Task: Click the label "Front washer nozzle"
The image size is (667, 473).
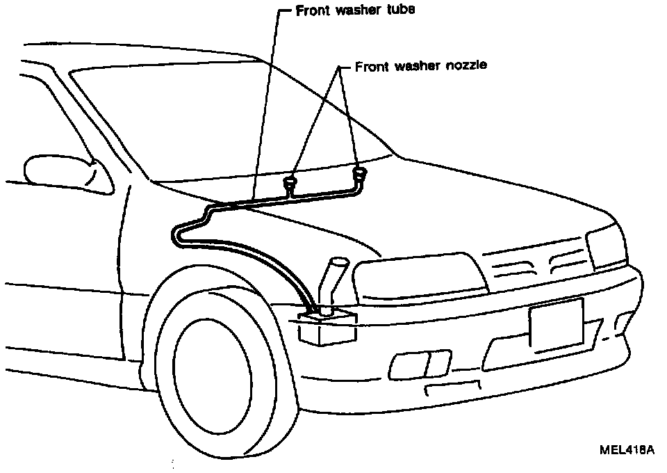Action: click(x=421, y=66)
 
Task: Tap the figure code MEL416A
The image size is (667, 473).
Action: click(x=627, y=449)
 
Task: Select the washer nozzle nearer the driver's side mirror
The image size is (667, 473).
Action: click(x=290, y=184)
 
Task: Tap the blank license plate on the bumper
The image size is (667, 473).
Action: click(x=556, y=323)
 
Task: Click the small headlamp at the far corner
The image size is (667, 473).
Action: click(x=606, y=248)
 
